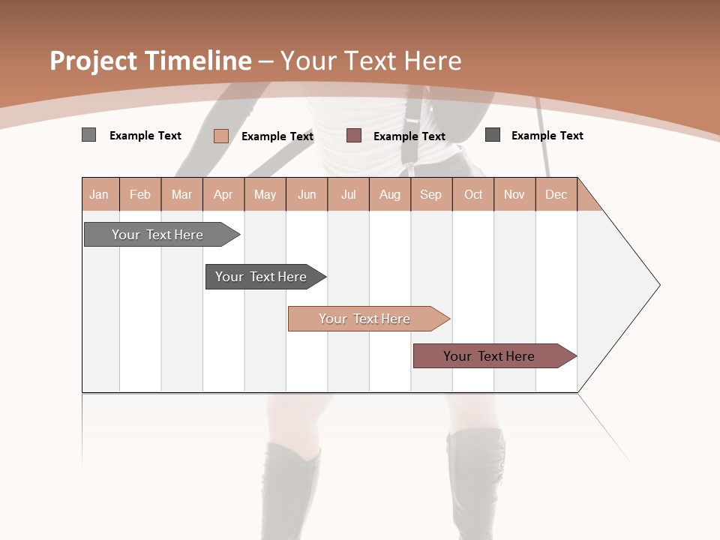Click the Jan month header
click(x=100, y=194)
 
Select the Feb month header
click(x=140, y=194)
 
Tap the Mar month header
click(x=181, y=194)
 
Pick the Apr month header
click(x=223, y=194)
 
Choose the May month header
click(x=265, y=194)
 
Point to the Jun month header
click(x=307, y=194)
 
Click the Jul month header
click(x=348, y=194)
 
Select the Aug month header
click(x=390, y=194)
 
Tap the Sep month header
click(x=431, y=194)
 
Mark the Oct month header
click(x=473, y=194)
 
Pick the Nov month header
click(x=514, y=194)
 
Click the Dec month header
click(x=556, y=194)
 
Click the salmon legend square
click(x=221, y=136)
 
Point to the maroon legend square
click(x=354, y=136)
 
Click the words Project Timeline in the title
click(x=151, y=61)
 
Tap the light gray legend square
click(x=89, y=135)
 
